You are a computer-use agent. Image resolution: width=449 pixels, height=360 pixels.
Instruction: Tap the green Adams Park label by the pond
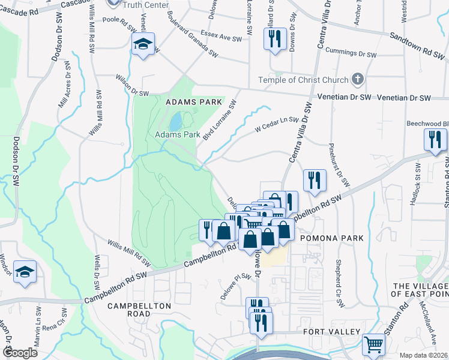pos(178,135)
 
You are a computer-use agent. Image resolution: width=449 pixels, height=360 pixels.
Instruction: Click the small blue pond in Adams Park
pos(175,123)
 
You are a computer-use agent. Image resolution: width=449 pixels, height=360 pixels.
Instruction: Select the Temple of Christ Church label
pos(303,80)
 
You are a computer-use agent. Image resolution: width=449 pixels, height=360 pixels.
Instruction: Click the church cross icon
pos(358,79)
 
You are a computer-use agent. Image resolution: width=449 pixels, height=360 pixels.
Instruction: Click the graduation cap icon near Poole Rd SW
pos(143,44)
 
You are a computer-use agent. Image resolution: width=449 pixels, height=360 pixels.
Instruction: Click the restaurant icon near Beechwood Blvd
pos(435,140)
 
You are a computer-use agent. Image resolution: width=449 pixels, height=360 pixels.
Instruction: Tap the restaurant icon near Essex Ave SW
pos(274,40)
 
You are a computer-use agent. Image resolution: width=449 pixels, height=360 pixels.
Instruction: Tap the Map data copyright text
pos(423,355)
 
